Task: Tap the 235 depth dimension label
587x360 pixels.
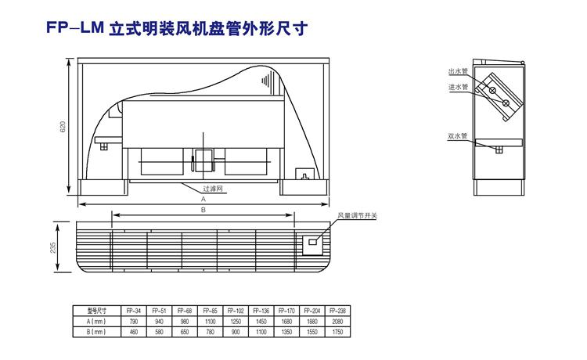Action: pos(53,247)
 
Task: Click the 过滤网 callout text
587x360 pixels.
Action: pos(214,189)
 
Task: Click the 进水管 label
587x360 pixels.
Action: pos(458,86)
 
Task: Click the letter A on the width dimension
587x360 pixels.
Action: pos(202,200)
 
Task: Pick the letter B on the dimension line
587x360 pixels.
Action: pos(202,211)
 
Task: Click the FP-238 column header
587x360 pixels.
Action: pos(338,310)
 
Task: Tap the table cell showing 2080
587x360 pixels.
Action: pos(338,321)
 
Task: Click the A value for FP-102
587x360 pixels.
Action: pos(235,321)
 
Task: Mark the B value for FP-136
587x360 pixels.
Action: pos(261,332)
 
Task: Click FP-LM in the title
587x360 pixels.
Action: pos(72,28)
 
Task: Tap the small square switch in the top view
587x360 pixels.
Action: pos(312,242)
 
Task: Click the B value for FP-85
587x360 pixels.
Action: pos(209,332)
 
